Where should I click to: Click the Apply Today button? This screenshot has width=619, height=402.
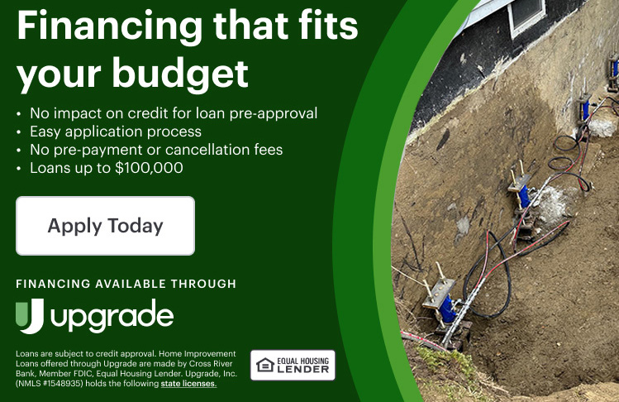coord(106,226)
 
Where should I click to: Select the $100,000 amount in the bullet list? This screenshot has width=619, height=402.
coord(149,168)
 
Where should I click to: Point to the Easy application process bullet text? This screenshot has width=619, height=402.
coord(116,132)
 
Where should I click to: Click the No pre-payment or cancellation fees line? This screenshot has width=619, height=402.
coord(156,150)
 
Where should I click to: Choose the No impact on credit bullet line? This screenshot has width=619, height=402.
coord(174,113)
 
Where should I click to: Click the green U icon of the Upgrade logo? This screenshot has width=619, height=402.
coord(30,316)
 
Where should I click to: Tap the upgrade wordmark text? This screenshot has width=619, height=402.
coord(112,317)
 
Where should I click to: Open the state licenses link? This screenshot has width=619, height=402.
coord(188,384)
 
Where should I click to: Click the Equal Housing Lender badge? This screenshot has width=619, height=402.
coord(293,366)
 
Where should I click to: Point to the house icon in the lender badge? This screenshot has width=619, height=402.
coord(265,366)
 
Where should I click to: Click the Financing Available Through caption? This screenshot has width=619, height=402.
coord(126,284)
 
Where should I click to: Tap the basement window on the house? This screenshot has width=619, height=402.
coord(526,15)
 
